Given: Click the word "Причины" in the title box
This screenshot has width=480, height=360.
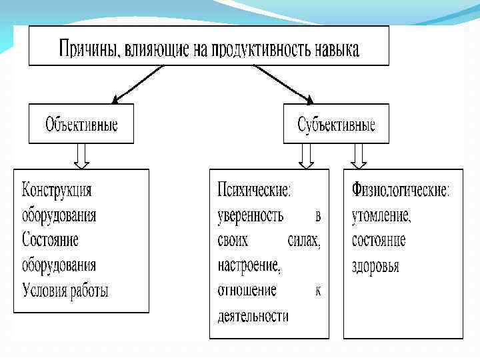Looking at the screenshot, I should (85, 49).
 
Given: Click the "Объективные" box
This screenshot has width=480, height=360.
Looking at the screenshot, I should (81, 124).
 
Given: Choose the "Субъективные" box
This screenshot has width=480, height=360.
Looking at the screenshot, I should (336, 124).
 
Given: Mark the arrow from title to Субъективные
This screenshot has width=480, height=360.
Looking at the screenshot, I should (282, 83).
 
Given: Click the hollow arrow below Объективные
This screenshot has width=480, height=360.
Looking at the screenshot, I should (82, 156).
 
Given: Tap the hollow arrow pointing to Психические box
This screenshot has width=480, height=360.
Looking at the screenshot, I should (306, 156).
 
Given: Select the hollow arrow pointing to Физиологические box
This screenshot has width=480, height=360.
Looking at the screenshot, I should (359, 156).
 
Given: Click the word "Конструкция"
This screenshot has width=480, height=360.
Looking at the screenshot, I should (57, 190).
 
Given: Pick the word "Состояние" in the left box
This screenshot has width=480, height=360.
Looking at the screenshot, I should (51, 240).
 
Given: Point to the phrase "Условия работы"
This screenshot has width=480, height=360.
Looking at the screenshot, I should (65, 290).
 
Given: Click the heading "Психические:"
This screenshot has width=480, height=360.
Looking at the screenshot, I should (255, 190).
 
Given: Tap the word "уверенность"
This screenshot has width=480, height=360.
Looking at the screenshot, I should (251, 215).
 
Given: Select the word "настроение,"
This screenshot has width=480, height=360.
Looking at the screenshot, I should (249, 265).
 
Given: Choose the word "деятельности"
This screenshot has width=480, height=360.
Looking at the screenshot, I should (253, 315).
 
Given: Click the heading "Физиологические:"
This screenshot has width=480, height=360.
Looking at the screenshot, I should (401, 190).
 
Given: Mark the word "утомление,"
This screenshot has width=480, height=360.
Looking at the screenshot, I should (381, 215).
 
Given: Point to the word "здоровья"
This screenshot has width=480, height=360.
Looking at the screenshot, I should (375, 265).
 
